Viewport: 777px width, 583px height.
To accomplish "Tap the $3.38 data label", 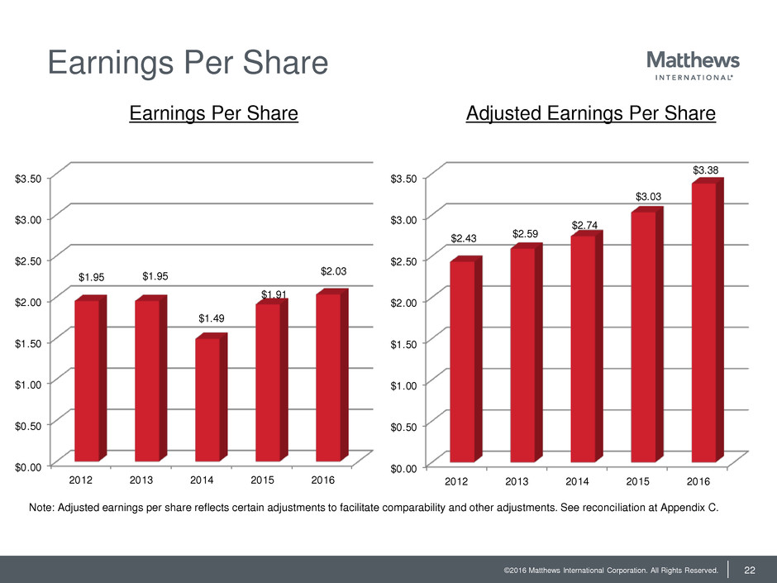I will pyautogui.click(x=706, y=170).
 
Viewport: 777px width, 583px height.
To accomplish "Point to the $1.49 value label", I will pyautogui.click(x=212, y=318).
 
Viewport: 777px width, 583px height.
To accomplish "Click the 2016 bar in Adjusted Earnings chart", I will pyautogui.click(x=703, y=323).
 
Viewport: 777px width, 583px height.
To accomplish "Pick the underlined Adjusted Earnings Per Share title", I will pyautogui.click(x=590, y=114).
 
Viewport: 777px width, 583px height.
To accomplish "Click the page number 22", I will pyautogui.click(x=751, y=569).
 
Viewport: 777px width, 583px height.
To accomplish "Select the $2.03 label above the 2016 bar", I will pyautogui.click(x=333, y=271).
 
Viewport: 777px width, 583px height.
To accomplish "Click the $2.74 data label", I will pyautogui.click(x=584, y=226).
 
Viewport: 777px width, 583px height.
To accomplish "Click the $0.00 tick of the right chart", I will pyautogui.click(x=405, y=468).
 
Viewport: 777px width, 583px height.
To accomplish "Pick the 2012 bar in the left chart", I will pyautogui.click(x=87, y=380).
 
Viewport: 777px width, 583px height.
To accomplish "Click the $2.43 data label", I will pyautogui.click(x=464, y=239).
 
